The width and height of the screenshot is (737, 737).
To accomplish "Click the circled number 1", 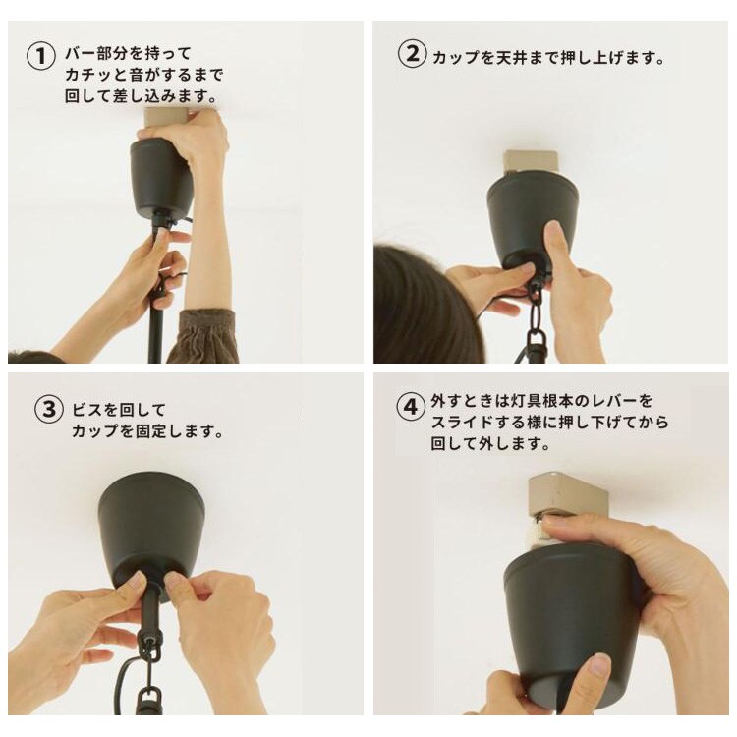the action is pyautogui.click(x=41, y=56).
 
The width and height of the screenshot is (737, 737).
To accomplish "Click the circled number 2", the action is pyautogui.click(x=412, y=54).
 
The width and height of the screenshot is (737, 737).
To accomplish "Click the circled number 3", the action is pyautogui.click(x=49, y=409).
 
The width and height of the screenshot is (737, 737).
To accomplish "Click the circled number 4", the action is pyautogui.click(x=411, y=406).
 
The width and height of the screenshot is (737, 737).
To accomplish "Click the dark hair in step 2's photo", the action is pyautogui.click(x=423, y=306).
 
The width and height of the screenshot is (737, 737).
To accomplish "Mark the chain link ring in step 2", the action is pyautogui.click(x=535, y=297).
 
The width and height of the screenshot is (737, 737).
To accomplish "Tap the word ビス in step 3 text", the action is pyautogui.click(x=87, y=410).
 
